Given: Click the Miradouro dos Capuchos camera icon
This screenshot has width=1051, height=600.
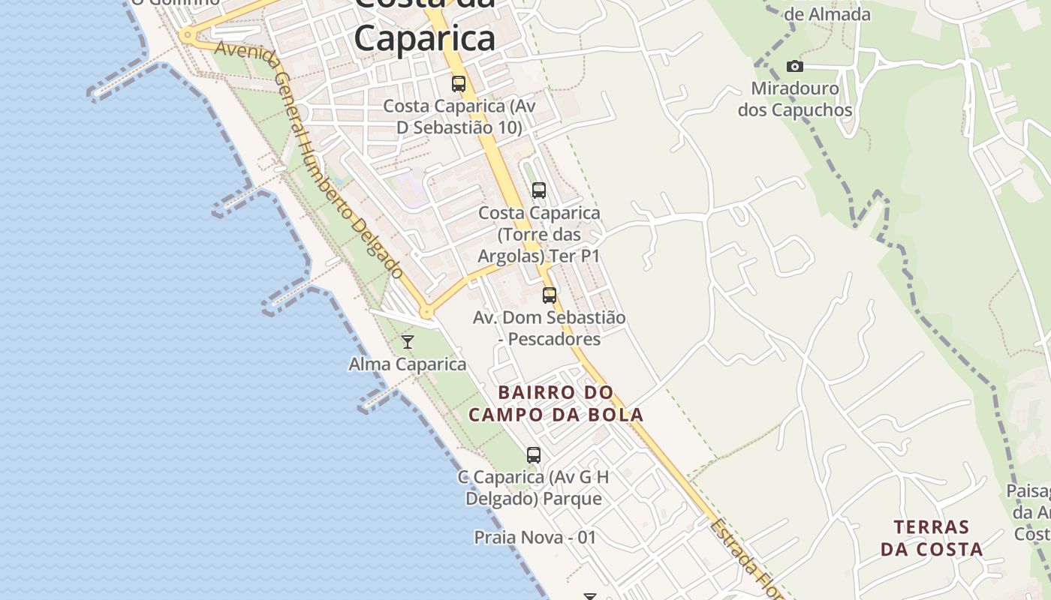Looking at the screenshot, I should tap(794, 67).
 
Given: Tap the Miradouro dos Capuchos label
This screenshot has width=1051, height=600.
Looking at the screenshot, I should tap(794, 99).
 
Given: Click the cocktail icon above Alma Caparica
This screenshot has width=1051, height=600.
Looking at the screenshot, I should tap(408, 342).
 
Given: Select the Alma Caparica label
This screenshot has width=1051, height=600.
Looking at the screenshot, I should tap(407, 364).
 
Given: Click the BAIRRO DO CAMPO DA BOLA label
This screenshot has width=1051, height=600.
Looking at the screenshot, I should tap(556, 403).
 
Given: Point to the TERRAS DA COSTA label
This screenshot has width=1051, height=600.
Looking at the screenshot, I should tap(932, 538).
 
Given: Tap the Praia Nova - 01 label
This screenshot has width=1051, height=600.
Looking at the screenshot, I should tap(535, 537).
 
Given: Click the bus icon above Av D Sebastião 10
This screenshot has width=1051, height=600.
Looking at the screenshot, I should tap(458, 84).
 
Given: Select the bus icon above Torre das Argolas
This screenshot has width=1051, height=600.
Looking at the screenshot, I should tap(538, 190).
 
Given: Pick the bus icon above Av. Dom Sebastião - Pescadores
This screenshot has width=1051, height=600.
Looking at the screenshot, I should tap(550, 295).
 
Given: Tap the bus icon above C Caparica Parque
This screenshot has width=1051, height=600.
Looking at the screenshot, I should tap(533, 454).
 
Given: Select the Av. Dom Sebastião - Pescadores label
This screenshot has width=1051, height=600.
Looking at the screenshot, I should tap(549, 328).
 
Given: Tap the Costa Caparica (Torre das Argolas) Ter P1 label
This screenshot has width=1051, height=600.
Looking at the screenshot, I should tap(539, 234).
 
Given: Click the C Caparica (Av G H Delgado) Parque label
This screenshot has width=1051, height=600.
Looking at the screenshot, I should tap(533, 487).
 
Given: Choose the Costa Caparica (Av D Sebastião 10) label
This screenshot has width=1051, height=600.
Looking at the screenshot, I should tap(459, 116).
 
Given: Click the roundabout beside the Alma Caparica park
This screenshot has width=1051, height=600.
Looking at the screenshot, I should tap(427, 311).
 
